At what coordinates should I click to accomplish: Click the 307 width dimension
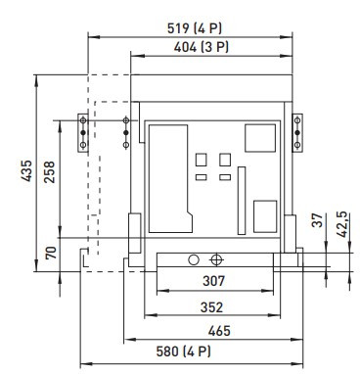pyautogui.click(x=215, y=281)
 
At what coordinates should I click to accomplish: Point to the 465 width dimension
pyautogui.click(x=215, y=332)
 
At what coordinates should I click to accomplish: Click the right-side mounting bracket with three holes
pyautogui.click(x=298, y=132)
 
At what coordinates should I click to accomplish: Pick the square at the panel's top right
pyautogui.click(x=259, y=138)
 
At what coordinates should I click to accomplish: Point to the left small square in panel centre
pyautogui.click(x=202, y=159)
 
